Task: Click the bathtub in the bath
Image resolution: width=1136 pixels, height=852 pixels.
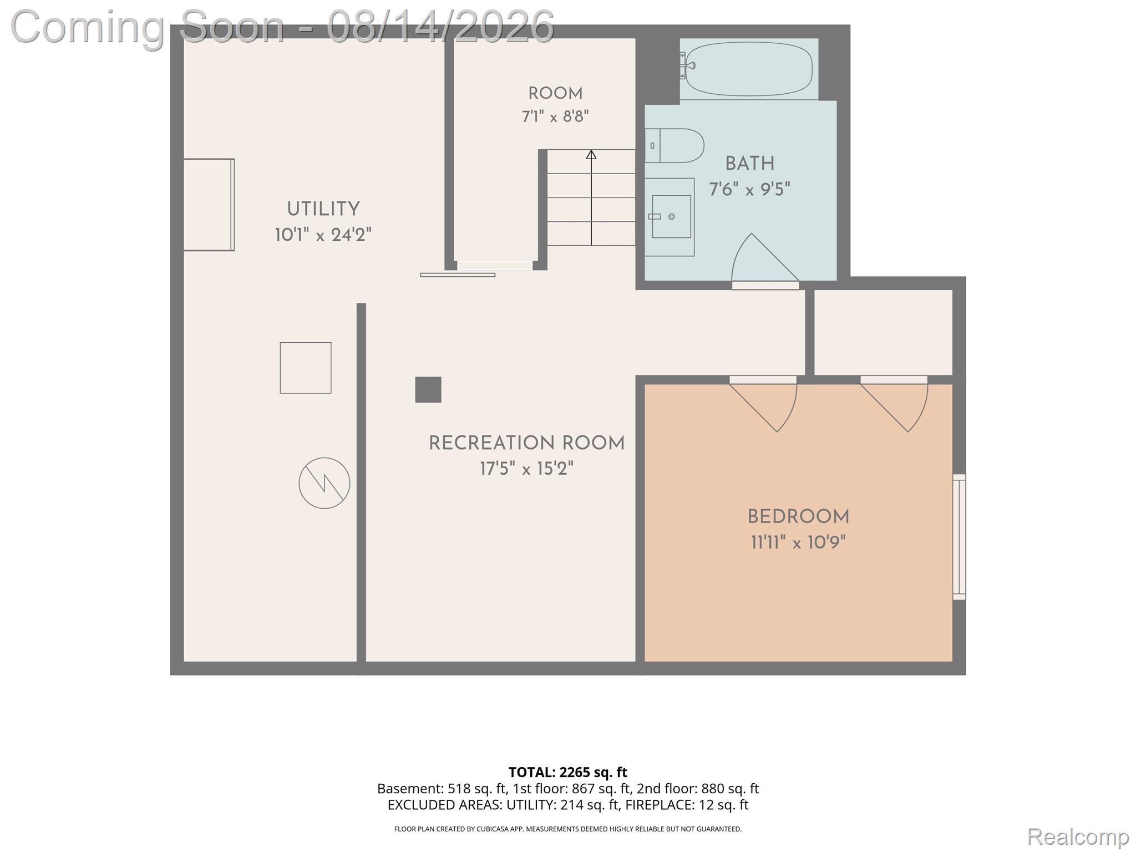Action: [749, 69]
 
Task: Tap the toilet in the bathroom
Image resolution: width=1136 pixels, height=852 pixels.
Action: [674, 145]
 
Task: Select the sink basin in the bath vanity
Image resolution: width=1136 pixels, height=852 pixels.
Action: [671, 216]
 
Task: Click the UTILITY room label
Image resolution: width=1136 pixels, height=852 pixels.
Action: [323, 209]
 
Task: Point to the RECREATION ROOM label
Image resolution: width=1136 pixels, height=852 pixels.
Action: [526, 443]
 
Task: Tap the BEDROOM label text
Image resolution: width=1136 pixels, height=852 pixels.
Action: [798, 517]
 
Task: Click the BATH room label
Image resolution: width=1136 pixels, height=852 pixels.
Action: [749, 164]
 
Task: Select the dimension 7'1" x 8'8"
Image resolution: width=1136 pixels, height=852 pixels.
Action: [555, 116]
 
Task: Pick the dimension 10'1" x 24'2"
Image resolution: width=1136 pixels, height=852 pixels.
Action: [323, 235]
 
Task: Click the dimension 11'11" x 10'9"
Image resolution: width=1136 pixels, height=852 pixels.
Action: [798, 542]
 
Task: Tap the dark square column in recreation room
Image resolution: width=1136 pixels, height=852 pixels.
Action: [428, 389]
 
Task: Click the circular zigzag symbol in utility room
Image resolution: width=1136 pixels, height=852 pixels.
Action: [324, 483]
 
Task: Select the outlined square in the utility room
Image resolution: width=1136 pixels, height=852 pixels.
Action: [306, 368]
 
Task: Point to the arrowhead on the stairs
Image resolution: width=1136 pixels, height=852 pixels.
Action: [591, 155]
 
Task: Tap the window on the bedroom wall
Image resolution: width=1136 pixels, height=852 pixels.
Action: [959, 537]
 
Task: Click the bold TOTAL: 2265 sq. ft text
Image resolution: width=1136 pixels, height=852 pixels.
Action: [568, 772]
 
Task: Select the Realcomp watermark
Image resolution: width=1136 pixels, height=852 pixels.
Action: [1078, 836]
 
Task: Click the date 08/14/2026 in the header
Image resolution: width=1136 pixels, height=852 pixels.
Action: [440, 26]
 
